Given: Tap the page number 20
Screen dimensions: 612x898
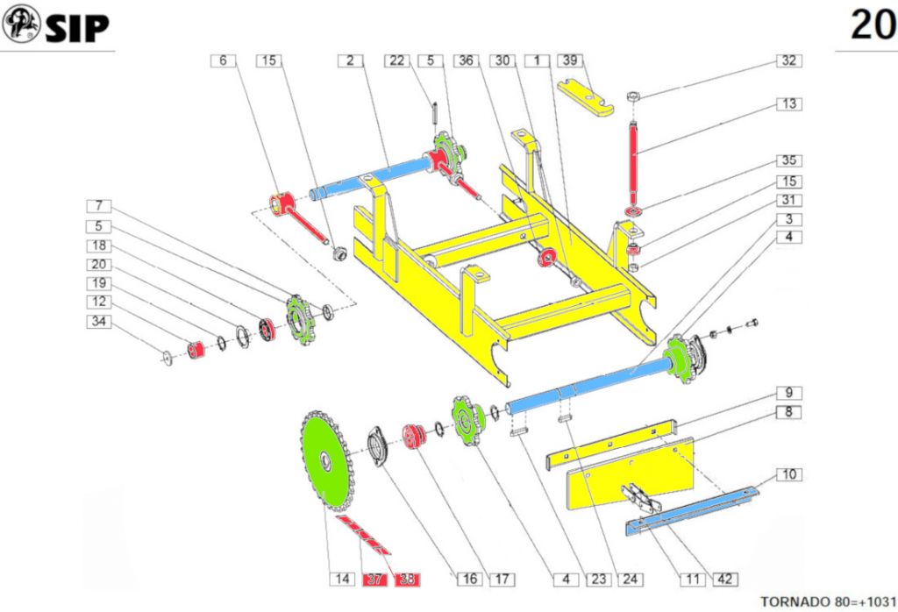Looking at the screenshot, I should click(x=873, y=25).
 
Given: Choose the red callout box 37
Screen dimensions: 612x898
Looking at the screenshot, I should click(x=374, y=579).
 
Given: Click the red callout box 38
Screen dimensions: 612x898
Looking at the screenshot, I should click(x=407, y=579).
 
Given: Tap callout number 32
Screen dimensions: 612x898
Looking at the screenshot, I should click(x=788, y=61).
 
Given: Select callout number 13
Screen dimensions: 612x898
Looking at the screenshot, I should click(x=788, y=103).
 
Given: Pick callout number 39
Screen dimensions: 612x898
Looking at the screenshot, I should click(x=570, y=60).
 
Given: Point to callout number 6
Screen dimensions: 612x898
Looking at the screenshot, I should click(x=223, y=60).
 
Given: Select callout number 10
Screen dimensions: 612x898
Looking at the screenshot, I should click(x=788, y=474).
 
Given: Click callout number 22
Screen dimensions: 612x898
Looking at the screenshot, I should click(x=397, y=60).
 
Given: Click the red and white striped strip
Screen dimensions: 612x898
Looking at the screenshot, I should click(x=363, y=534).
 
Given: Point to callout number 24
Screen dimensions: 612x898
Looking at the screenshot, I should click(x=628, y=579).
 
